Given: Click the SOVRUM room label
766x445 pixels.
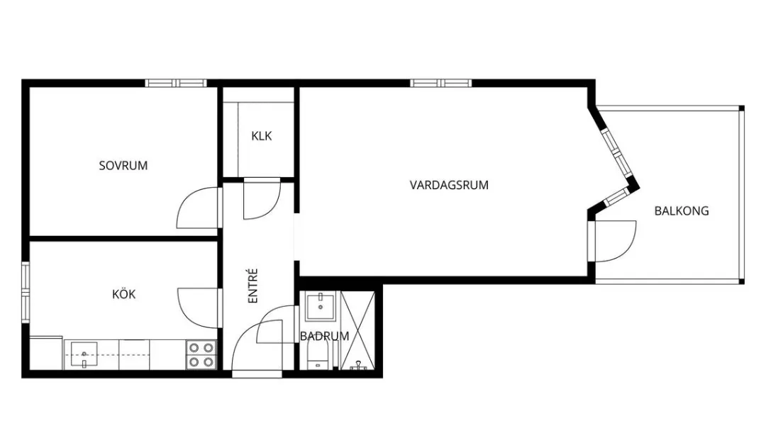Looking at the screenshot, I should click(123, 166).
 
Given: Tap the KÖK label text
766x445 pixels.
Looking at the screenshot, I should click(123, 295).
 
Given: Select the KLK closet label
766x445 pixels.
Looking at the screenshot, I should click(262, 136).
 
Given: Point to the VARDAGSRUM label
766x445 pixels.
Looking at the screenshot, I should click(449, 185).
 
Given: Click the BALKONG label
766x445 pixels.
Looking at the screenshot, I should click(682, 210).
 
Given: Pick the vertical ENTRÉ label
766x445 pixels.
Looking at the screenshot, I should click(253, 286).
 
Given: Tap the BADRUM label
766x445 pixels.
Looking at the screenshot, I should click(324, 336).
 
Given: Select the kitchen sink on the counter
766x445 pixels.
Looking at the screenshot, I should click(85, 354).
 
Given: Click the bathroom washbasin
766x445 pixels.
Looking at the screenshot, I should click(321, 307).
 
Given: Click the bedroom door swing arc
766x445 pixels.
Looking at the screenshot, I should click(196, 206).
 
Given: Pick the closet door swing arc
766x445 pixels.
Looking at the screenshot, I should click(262, 201).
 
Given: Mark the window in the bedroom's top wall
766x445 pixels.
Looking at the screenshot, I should click(176, 83).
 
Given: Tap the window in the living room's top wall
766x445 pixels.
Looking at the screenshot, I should click(441, 83).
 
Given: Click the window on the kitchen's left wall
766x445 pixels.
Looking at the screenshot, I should click(26, 291).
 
